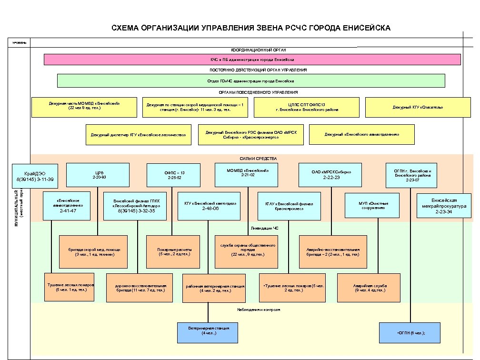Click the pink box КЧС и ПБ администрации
tap(252, 60)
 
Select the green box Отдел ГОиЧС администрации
tap(251, 81)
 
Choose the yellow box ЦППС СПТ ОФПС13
tap(307, 107)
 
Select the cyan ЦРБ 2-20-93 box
tap(98, 174)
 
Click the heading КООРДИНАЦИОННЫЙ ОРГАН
tap(259, 50)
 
